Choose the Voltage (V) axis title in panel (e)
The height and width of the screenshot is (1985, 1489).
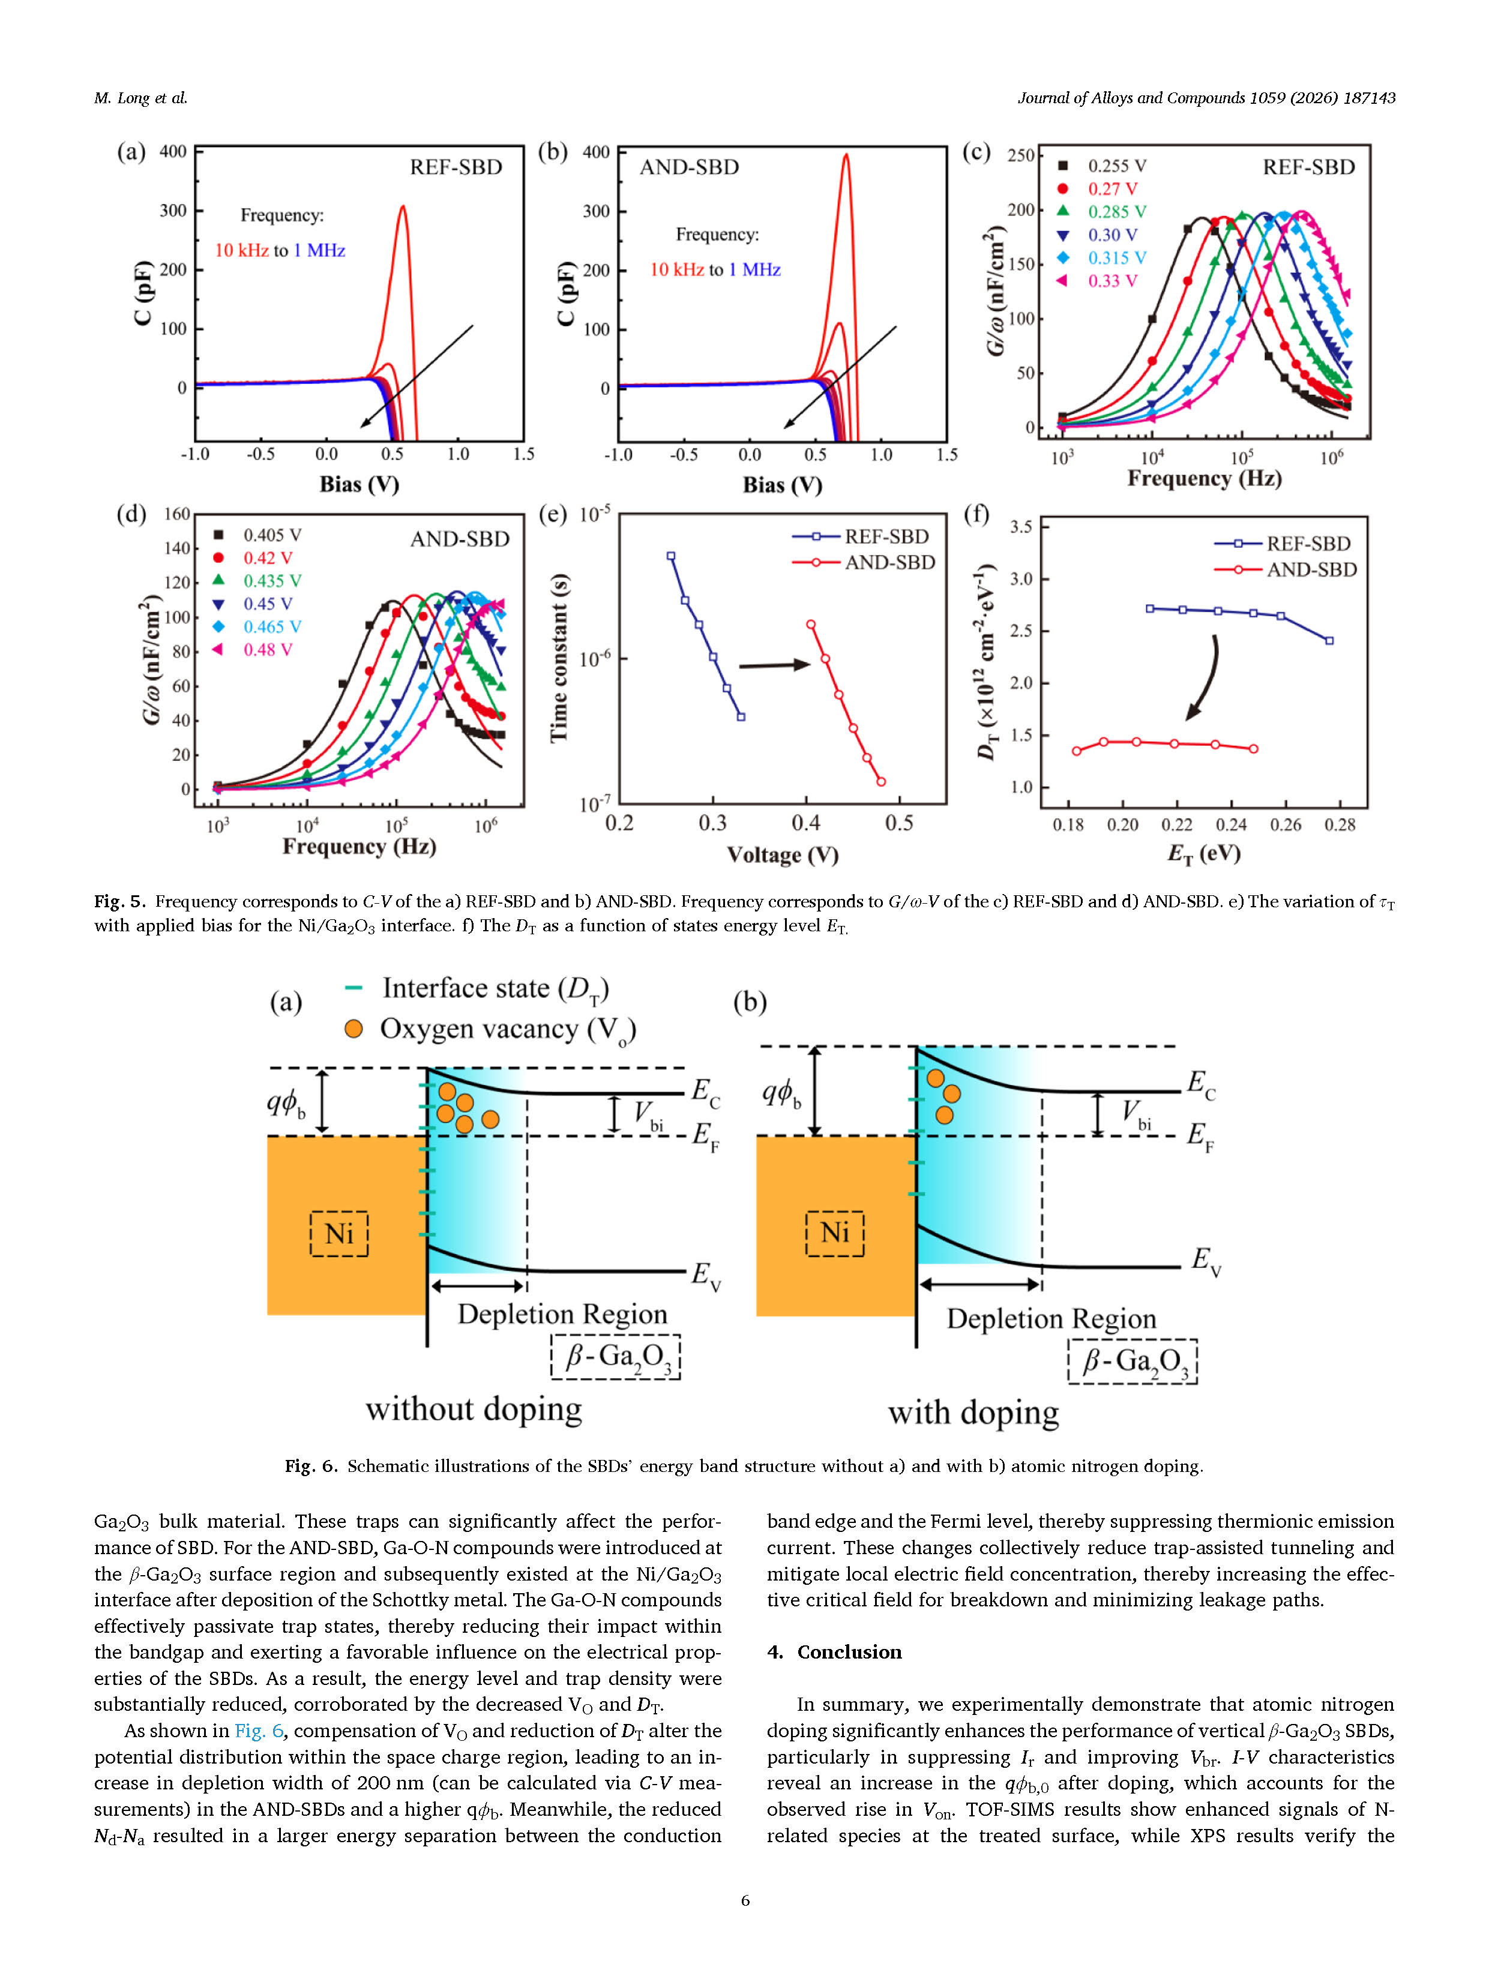782,855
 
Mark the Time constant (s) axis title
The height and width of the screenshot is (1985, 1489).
558,658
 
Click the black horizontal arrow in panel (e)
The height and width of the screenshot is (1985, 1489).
774,665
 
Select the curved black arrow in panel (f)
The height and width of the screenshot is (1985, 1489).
1205,677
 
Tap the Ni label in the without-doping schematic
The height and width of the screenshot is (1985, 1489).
338,1233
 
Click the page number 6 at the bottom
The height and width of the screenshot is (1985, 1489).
745,1900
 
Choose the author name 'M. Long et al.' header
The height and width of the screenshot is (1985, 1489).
141,98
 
